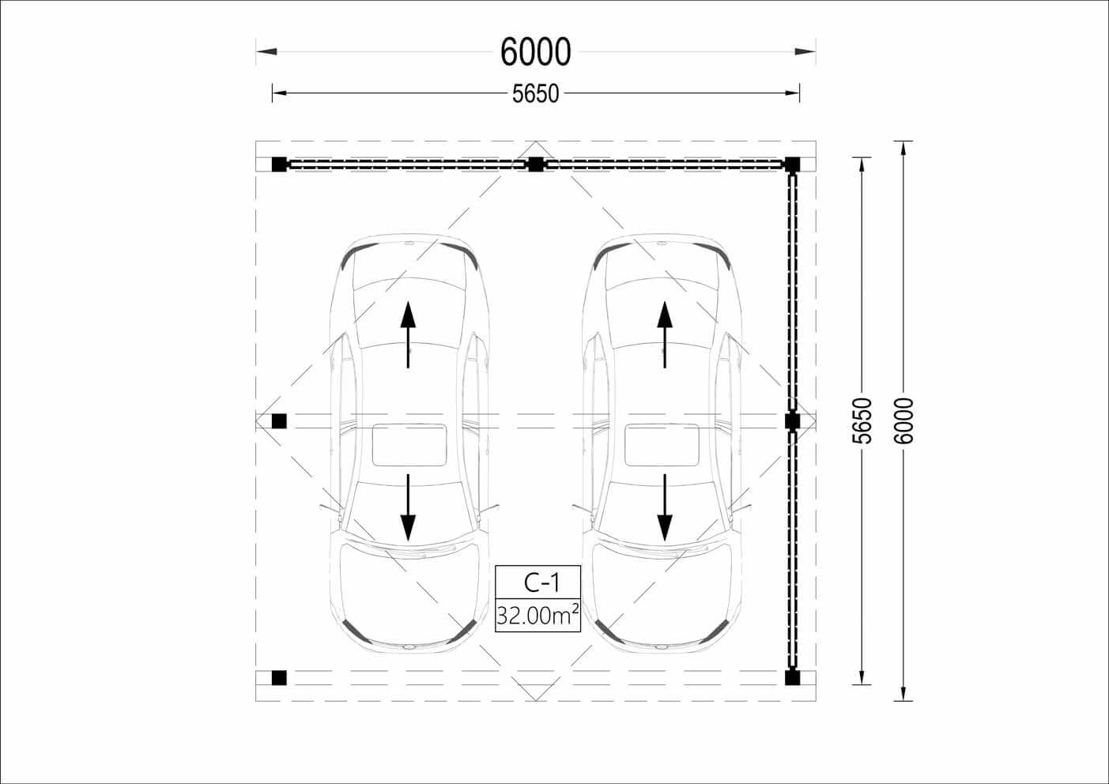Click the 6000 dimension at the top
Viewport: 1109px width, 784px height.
coord(536,51)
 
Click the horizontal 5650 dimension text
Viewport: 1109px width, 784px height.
coord(536,93)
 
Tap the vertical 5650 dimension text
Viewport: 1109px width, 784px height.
coord(864,420)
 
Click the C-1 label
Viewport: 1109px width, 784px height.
coord(541,582)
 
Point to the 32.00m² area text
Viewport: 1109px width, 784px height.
coord(538,615)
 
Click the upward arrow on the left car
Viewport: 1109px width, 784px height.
coord(408,334)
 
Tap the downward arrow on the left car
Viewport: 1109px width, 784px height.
coord(408,508)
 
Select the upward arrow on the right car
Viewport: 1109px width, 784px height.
coord(665,334)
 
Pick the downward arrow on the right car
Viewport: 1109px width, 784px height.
coord(665,508)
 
